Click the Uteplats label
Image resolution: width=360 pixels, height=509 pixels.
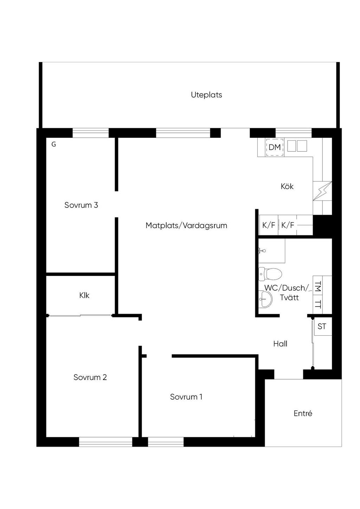[x=206, y=95]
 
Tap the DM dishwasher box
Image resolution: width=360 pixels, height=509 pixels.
[x=275, y=147]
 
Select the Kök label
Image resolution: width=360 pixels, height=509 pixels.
[x=287, y=186]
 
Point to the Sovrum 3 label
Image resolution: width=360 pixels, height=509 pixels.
[x=81, y=205]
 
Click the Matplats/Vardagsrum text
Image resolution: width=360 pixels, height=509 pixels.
[x=186, y=225]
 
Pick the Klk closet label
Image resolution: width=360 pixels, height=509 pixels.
[x=84, y=295]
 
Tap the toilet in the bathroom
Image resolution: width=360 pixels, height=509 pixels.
[x=270, y=274]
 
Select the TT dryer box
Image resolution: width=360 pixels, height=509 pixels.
[x=318, y=304]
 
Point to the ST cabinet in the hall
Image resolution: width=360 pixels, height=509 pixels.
[x=322, y=326]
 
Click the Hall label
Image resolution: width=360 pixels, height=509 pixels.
[x=280, y=343]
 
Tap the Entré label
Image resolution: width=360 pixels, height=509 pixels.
[x=303, y=413]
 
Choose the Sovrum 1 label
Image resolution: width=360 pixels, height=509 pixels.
[x=186, y=397]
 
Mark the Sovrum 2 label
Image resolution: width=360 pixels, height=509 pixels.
[x=90, y=377]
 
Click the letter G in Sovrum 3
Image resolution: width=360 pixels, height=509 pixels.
[x=54, y=144]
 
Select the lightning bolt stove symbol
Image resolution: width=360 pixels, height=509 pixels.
[x=322, y=191]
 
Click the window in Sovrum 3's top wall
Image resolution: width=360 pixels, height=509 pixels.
[x=90, y=133]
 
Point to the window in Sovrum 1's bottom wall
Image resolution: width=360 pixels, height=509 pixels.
[x=166, y=442]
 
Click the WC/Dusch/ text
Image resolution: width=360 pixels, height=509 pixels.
[x=287, y=288]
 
